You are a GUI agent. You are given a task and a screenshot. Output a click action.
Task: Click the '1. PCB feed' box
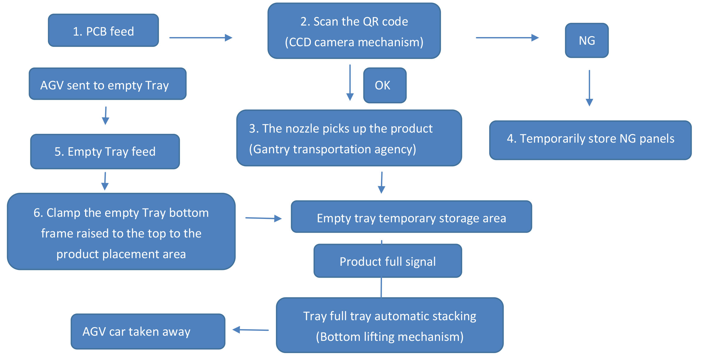point(103,30)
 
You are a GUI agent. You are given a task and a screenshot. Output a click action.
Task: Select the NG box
point(587,40)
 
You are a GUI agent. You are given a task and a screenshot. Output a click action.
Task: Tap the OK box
point(385,85)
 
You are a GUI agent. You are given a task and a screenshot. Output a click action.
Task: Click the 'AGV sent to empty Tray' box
point(108,84)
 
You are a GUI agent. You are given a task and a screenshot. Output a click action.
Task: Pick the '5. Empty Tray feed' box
point(105,151)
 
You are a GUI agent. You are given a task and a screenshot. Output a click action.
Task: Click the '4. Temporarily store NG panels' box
point(590,140)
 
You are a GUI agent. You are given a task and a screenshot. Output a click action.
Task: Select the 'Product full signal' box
point(388,261)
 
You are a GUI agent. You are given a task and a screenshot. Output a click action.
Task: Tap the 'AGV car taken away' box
point(148,331)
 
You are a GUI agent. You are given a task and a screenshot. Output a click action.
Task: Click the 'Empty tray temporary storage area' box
point(411,217)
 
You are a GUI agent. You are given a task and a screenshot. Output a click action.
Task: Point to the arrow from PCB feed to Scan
point(201,38)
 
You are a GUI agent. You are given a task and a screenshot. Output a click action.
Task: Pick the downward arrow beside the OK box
point(350,82)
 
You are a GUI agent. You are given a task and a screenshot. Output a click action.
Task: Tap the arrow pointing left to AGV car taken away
point(251,330)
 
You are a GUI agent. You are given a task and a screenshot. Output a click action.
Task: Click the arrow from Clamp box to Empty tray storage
point(263,218)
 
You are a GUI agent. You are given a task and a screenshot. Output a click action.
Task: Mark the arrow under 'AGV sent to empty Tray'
point(105,116)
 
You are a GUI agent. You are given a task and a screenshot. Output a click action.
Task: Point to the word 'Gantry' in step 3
point(271,149)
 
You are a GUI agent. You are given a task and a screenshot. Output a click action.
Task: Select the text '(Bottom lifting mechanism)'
point(390,337)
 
